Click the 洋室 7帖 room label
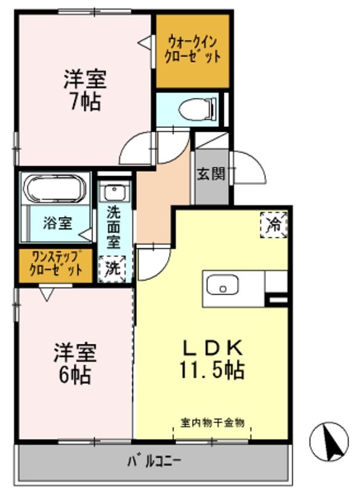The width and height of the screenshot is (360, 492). pos(84,90)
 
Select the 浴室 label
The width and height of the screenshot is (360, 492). pos(57,223)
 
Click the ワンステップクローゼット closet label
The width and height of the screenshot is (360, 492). pos(54,263)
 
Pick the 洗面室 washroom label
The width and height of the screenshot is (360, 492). pos(113,226)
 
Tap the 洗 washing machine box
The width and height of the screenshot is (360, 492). pos(113,268)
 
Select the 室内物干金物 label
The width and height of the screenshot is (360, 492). pos(213,423)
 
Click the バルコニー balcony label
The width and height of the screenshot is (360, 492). pos(154,461)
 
